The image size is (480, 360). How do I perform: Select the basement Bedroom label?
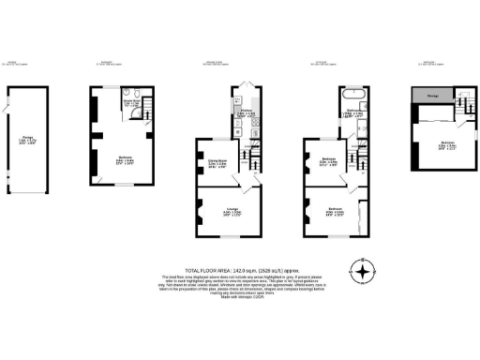[x=118, y=159]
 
